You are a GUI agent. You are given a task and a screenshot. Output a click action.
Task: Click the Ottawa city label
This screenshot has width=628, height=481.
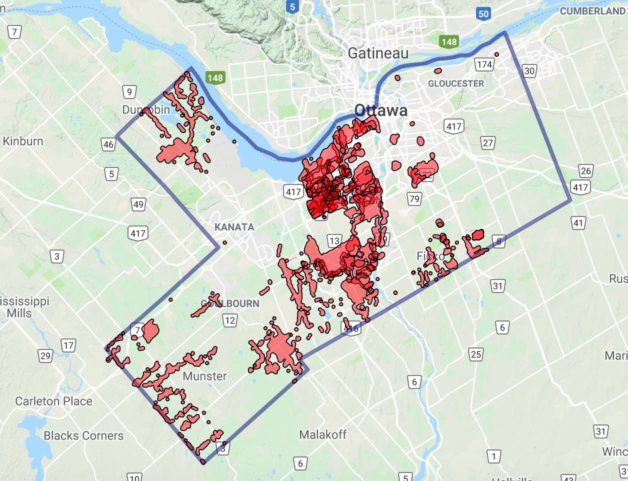(x=380, y=110)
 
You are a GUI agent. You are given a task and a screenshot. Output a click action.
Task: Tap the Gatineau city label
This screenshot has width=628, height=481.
(x=378, y=53)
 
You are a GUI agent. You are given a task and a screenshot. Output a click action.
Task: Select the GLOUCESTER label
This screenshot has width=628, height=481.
(x=456, y=83)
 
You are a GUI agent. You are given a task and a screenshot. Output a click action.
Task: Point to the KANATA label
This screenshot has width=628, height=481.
(x=234, y=227)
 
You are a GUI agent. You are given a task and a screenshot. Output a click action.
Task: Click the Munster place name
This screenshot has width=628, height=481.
(x=204, y=376)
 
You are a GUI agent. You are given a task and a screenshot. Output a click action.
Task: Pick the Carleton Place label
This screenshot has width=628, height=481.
(x=53, y=401)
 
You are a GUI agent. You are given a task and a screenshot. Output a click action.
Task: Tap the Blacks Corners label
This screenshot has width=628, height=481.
(x=83, y=435)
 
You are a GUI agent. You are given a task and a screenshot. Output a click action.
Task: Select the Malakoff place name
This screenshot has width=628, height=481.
(x=322, y=434)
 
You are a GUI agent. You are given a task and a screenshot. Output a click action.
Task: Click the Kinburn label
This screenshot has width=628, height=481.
(x=23, y=141)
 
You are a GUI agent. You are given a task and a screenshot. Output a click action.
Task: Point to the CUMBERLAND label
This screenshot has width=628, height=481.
(x=592, y=11)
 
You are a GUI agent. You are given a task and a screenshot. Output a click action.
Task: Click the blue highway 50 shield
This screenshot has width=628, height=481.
(x=483, y=13)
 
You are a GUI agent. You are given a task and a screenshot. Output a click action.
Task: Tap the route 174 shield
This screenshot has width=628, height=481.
(x=484, y=64)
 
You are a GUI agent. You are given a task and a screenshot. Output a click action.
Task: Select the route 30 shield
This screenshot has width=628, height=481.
(x=529, y=70)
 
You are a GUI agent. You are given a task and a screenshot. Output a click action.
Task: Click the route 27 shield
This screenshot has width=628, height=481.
(x=487, y=143)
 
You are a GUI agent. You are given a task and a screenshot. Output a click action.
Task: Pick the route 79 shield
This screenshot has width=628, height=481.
(x=414, y=198)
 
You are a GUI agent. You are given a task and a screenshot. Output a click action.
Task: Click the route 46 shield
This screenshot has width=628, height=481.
(x=108, y=144)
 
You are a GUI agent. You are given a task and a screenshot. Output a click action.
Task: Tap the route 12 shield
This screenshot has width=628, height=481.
(x=229, y=320)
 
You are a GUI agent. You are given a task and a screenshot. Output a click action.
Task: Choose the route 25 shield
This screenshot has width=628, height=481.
(x=475, y=354)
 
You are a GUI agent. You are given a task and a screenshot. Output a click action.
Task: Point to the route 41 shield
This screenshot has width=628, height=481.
(x=578, y=222)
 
